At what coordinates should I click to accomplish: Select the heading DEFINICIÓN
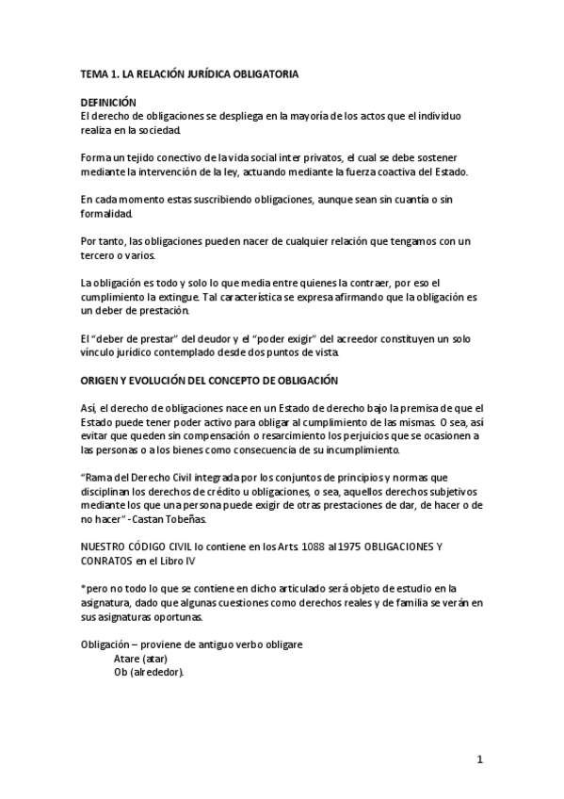pyautogui.click(x=108, y=102)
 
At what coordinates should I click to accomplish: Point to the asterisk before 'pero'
pyautogui.click(x=83, y=588)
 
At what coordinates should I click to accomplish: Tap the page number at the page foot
pyautogui.click(x=479, y=760)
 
